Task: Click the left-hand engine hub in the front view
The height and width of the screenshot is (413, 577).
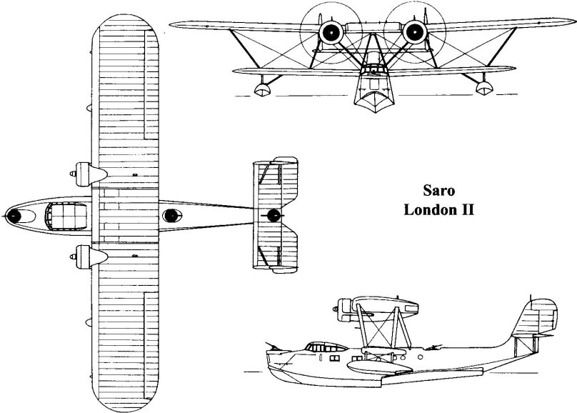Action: pos(330,31)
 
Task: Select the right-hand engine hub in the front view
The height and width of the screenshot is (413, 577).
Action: pos(412,31)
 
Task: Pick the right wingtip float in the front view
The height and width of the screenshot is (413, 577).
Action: pos(483,87)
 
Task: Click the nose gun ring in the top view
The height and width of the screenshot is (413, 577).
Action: pos(14,214)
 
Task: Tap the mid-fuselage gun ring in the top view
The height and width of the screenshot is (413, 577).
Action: pos(170,215)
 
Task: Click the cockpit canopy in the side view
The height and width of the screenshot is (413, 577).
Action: pos(318,347)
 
